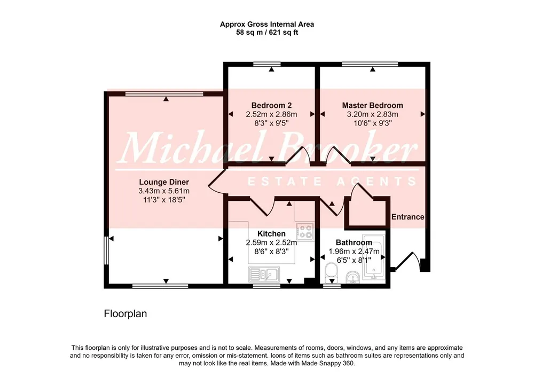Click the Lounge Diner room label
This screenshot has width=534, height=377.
(164, 182)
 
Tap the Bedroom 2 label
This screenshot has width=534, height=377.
(271, 105)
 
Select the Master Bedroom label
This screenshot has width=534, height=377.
(373, 105)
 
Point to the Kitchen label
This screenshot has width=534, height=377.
(271, 234)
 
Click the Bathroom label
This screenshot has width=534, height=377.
(354, 242)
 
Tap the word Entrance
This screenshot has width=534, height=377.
(407, 217)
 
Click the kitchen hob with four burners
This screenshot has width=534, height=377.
(305, 232)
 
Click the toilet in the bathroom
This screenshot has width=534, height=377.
(331, 273)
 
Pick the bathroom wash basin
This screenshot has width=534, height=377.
(353, 277)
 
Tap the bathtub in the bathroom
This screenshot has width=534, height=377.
(374, 257)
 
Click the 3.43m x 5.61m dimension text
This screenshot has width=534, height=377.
(164, 191)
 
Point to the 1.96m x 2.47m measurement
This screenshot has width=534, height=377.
(354, 252)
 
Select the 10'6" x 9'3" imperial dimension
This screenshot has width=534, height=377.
(373, 123)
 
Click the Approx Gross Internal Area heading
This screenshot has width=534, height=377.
(267, 24)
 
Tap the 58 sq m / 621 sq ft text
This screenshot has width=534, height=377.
(267, 33)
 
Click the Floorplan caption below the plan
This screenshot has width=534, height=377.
(125, 313)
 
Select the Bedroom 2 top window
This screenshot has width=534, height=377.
(267, 64)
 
